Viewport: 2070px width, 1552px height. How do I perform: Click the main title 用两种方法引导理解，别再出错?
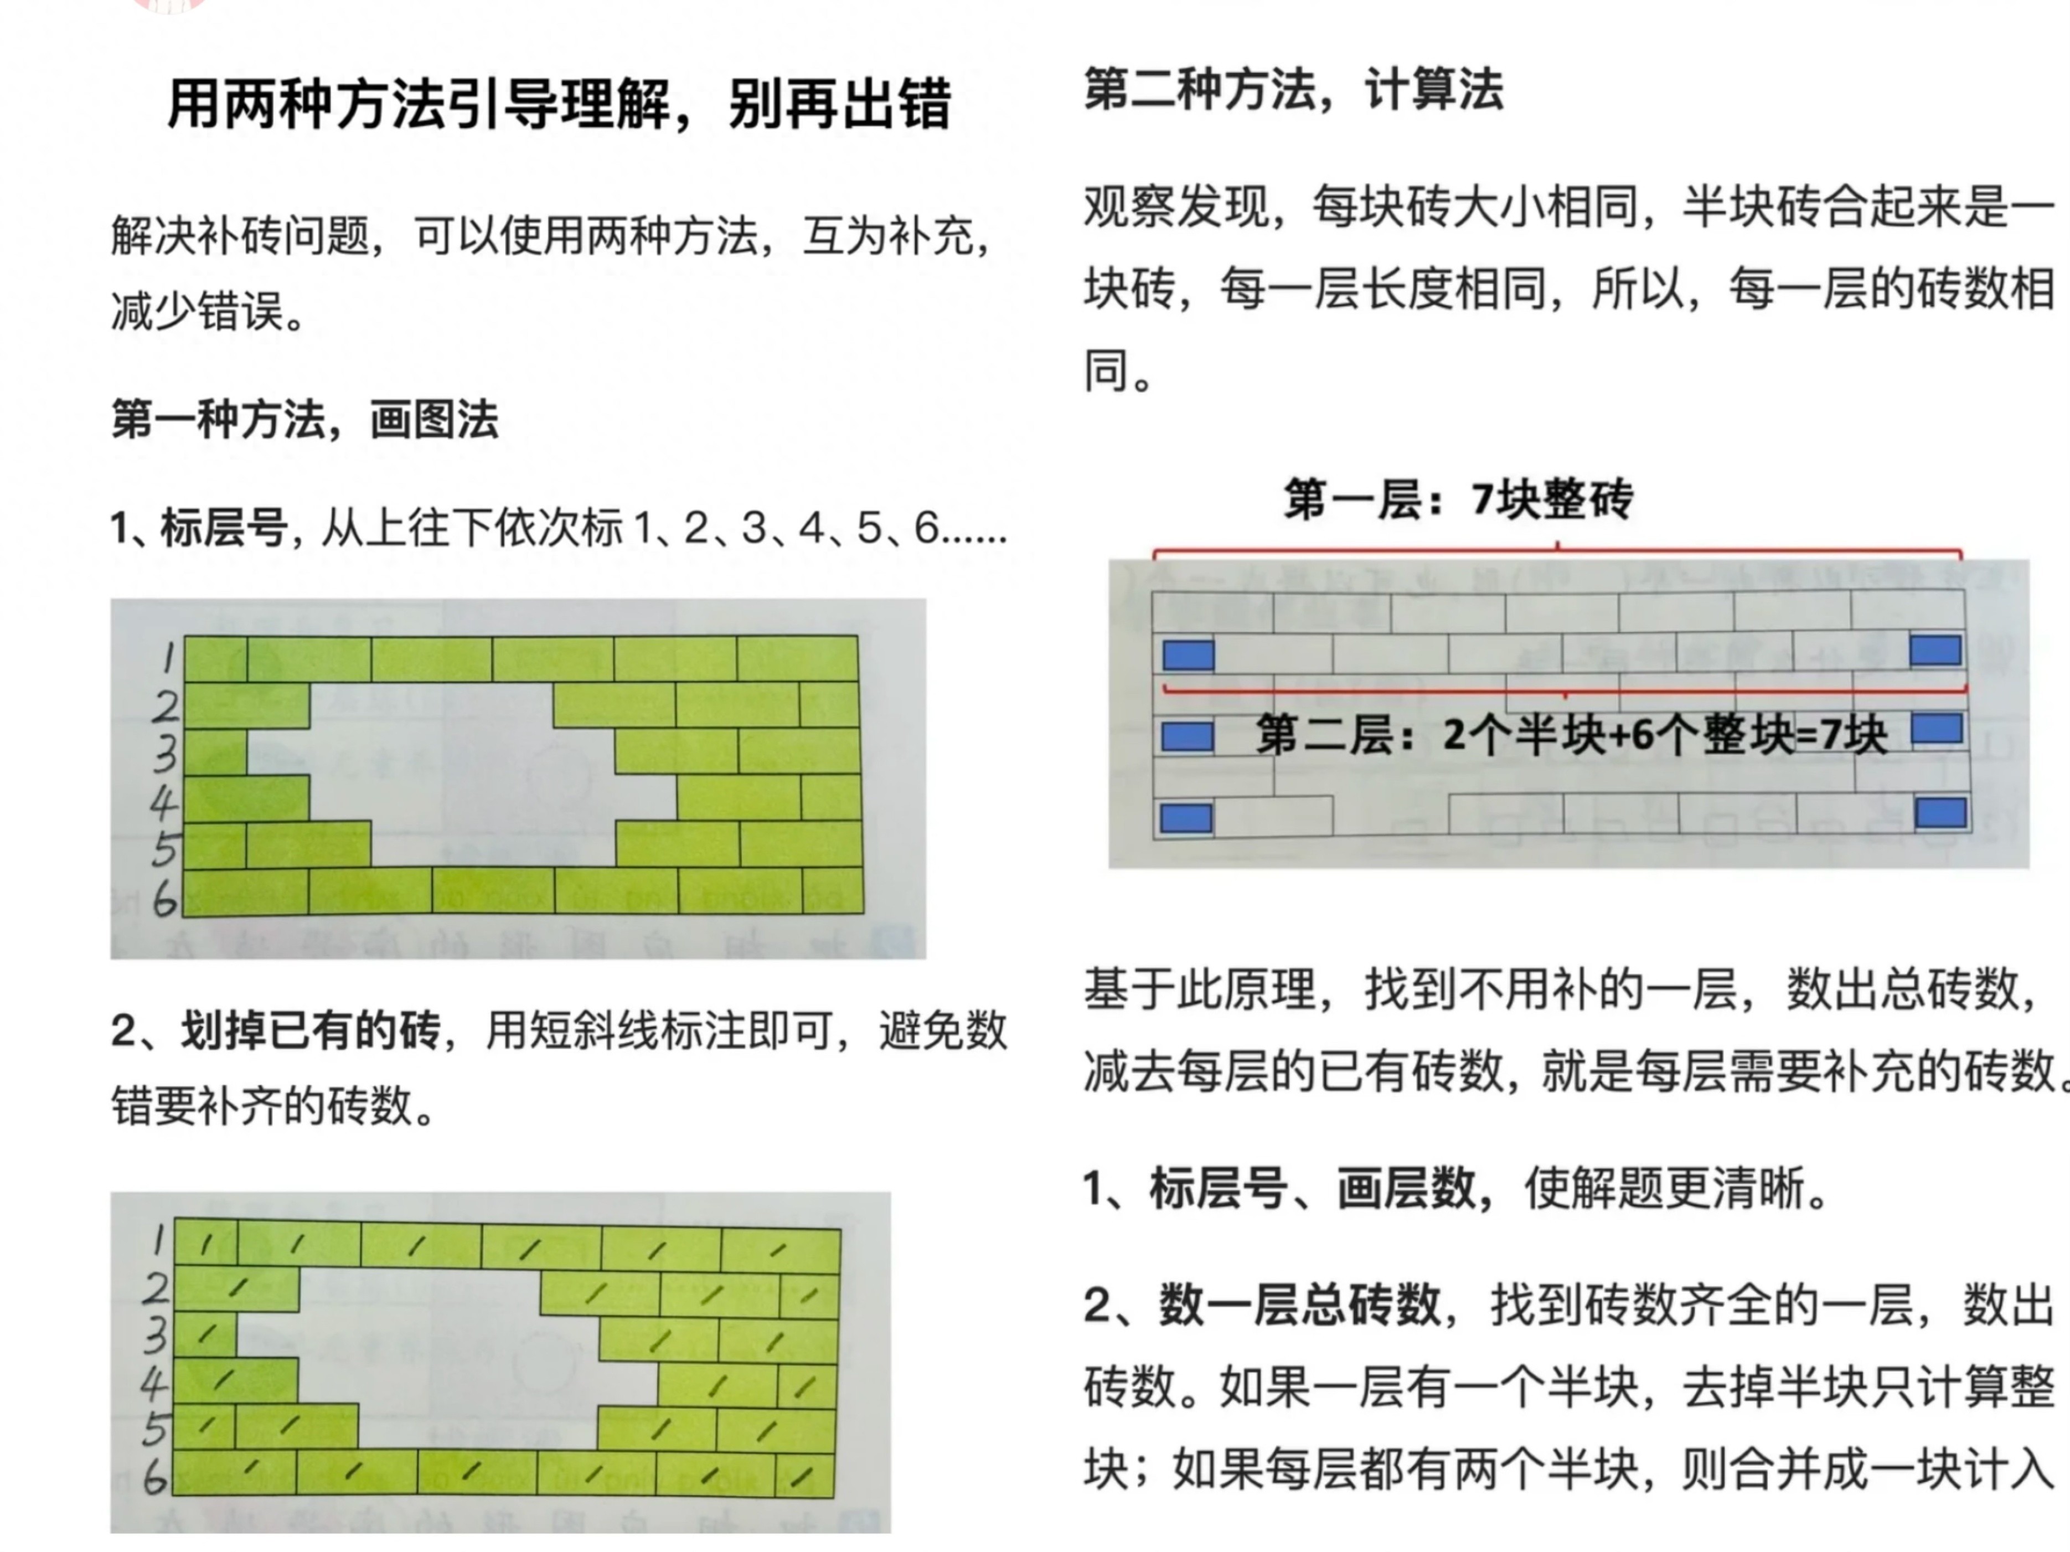559,103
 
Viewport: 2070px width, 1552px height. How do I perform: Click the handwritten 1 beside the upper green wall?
168,657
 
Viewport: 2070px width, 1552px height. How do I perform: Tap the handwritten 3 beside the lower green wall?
156,1336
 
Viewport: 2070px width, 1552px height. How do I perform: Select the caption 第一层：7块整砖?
1458,499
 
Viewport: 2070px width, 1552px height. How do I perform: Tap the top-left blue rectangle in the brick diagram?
1188,655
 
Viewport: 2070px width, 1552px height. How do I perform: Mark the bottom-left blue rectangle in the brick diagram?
1186,819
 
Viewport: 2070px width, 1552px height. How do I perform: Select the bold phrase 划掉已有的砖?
309,1030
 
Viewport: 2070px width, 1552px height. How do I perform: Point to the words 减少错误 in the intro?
197,312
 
